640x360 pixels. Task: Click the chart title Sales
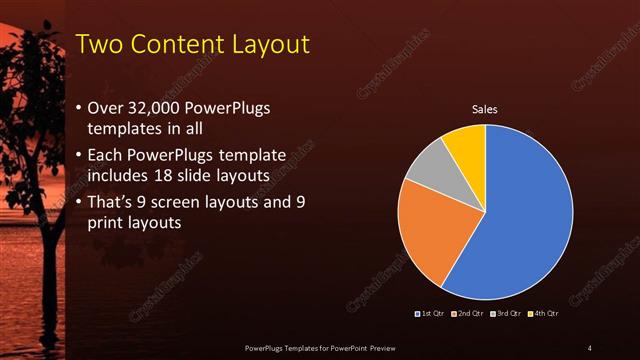pos(485,108)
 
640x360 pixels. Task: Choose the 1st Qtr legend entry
pos(431,314)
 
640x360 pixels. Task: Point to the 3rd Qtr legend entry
pos(506,314)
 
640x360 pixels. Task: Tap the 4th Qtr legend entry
pos(543,314)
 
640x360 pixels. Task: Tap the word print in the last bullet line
pos(108,224)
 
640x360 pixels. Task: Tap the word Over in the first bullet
pos(106,108)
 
